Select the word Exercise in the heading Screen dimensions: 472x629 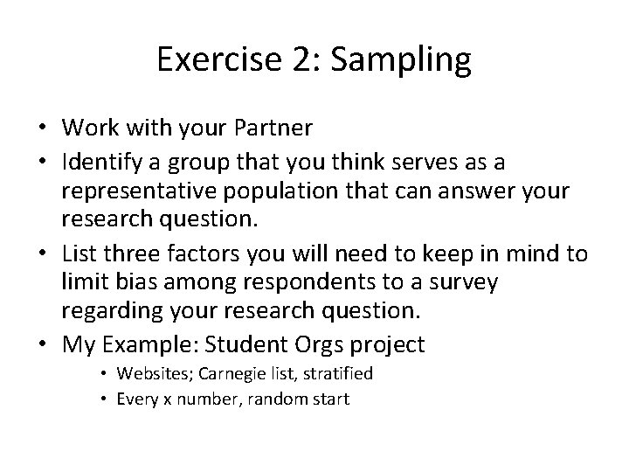coord(224,60)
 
